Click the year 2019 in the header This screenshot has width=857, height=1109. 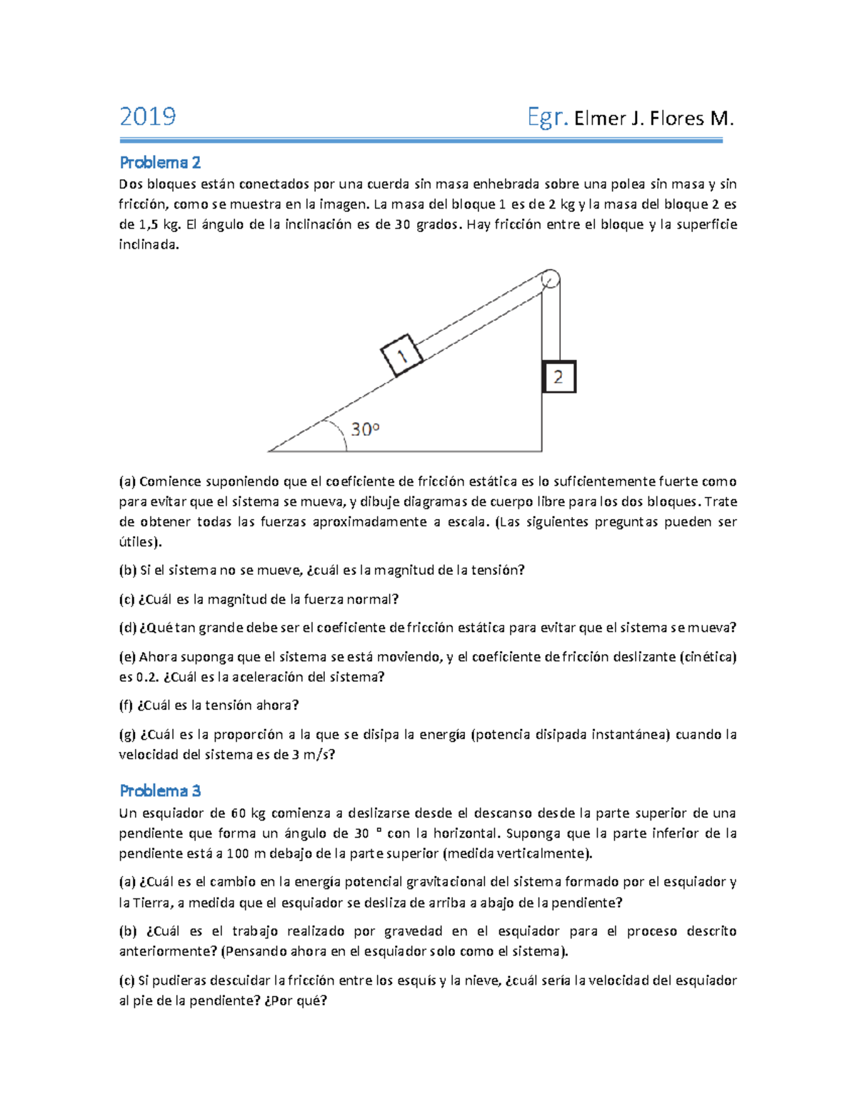[148, 116]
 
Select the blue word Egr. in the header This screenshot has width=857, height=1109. [548, 117]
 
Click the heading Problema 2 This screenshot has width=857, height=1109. [160, 163]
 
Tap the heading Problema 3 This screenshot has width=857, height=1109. [160, 791]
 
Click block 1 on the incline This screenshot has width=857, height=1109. [402, 355]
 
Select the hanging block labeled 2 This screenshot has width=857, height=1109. [558, 377]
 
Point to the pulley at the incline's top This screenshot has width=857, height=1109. [549, 279]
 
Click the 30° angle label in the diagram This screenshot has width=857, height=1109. [365, 430]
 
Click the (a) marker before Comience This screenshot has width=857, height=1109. [127, 481]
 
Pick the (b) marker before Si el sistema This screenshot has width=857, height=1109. [127, 570]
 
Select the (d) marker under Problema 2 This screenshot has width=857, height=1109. [127, 628]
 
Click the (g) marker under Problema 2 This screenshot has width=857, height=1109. [127, 735]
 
